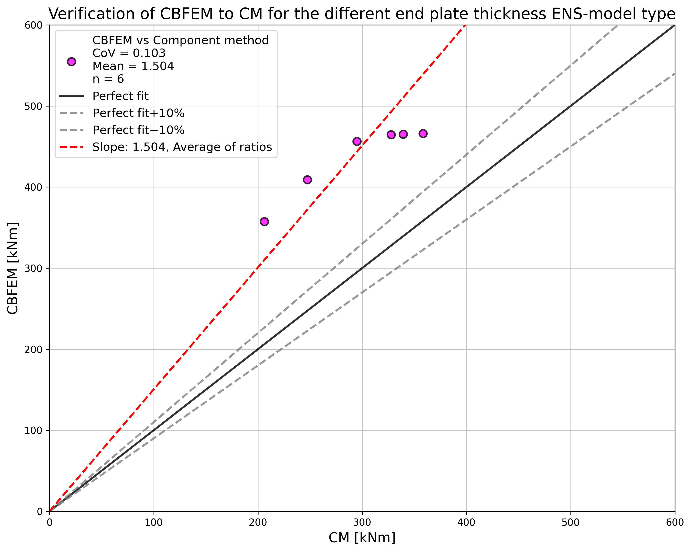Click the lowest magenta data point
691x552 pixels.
pos(264,222)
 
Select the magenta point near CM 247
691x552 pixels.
pos(307,180)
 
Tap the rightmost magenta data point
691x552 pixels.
pos(423,134)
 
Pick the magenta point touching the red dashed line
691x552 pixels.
pos(357,141)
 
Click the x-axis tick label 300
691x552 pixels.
pos(362,522)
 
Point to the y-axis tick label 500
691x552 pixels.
pos(33,106)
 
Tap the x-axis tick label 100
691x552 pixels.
pos(154,522)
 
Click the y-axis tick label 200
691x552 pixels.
pos(33,349)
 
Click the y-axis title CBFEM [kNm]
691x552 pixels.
pos(13,268)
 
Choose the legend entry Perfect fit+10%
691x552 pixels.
pos(138,113)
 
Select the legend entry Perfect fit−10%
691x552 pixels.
pos(138,130)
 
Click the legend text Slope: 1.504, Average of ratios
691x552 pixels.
pos(182,147)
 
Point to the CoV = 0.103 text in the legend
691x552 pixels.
pos(129,53)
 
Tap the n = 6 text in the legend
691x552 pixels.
pos(108,79)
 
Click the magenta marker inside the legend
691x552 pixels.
pos(71,62)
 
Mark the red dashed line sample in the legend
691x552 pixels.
pos(71,147)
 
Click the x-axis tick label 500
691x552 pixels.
pos(570,522)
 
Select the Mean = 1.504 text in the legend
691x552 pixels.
pos(133,66)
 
